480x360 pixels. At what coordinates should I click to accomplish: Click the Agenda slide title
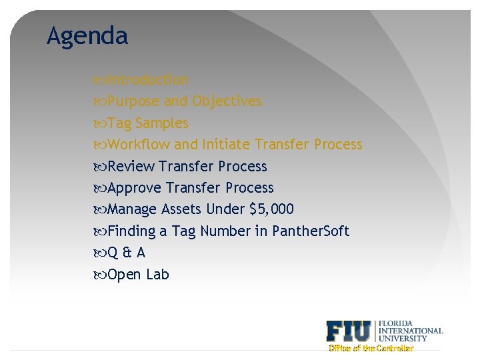[x=87, y=36]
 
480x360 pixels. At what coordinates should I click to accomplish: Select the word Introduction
[x=148, y=80]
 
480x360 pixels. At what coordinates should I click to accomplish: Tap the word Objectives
[x=227, y=101]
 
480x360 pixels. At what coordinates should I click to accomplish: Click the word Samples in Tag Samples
[x=162, y=123]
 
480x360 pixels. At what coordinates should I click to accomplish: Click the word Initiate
[x=226, y=145]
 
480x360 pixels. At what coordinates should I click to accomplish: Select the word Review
[x=131, y=167]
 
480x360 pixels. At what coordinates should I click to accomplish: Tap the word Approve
[x=135, y=188]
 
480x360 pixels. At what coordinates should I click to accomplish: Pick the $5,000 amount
[x=271, y=210]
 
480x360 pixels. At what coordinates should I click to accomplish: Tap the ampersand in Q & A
[x=126, y=253]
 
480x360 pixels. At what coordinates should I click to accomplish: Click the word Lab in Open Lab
[x=157, y=275]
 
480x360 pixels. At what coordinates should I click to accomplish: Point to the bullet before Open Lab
[x=101, y=275]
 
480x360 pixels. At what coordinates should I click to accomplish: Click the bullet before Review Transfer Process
[x=101, y=167]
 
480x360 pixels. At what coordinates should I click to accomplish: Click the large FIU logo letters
[x=349, y=331]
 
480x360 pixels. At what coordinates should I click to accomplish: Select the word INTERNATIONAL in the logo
[x=411, y=331]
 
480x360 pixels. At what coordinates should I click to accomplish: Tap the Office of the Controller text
[x=371, y=348]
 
